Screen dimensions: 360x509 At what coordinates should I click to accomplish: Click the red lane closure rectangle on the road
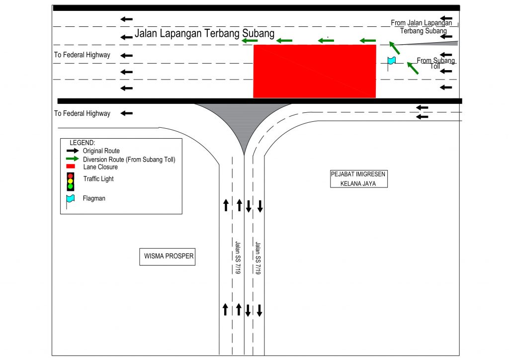[315, 71]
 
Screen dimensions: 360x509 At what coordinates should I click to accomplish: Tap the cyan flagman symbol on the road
[391, 61]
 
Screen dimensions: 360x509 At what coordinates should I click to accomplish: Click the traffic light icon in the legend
[71, 181]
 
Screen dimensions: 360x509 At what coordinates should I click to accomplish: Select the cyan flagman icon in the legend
[71, 199]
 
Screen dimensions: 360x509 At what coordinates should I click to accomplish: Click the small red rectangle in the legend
[71, 166]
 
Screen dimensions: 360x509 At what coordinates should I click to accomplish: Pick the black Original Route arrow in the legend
[73, 151]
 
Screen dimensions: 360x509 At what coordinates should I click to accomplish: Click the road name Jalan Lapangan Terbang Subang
[204, 34]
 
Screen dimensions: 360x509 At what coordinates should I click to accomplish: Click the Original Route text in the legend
[101, 151]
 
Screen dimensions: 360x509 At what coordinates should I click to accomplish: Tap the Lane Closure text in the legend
[100, 167]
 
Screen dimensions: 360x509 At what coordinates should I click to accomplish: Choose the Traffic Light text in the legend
[98, 179]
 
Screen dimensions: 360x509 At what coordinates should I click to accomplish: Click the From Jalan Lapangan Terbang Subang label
[422, 27]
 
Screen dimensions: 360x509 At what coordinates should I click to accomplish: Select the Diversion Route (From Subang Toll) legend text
[129, 160]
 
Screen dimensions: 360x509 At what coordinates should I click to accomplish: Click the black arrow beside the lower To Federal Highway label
[126, 113]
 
